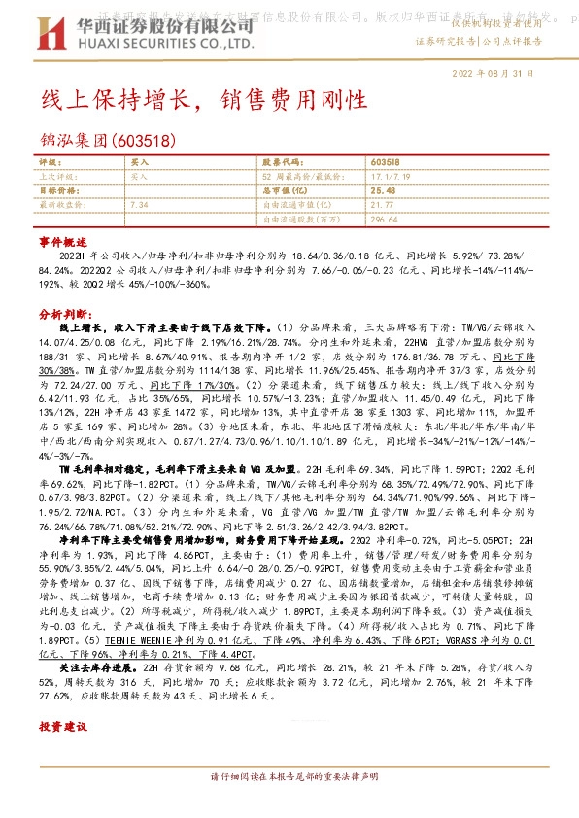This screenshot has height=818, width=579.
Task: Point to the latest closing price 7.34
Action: click(x=138, y=205)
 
